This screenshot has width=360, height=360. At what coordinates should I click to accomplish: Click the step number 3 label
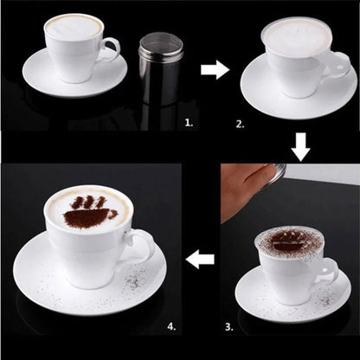pos(228,327)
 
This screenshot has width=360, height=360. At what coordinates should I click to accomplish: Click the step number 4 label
pos(171,327)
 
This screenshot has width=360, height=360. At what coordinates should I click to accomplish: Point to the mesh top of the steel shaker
pos(157,42)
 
